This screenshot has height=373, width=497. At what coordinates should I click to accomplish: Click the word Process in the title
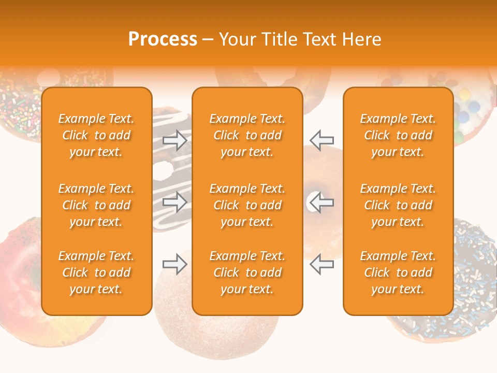(x=163, y=39)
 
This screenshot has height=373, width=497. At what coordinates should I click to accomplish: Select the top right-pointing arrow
(x=175, y=140)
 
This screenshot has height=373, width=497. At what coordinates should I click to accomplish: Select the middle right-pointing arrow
(x=175, y=202)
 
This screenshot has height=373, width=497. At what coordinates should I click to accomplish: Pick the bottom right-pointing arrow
(x=175, y=265)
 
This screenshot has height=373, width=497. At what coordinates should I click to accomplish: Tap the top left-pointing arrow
(x=322, y=140)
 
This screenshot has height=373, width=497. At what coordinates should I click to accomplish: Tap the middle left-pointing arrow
(x=322, y=202)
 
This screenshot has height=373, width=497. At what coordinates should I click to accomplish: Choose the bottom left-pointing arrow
(x=322, y=265)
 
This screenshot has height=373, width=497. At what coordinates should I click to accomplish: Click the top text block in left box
(x=96, y=135)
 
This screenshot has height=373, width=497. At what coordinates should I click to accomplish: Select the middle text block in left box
(x=96, y=205)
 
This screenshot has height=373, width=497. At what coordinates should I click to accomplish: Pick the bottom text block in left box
(x=96, y=272)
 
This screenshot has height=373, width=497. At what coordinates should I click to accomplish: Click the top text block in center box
(x=247, y=135)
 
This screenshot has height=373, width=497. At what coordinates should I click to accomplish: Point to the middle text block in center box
(x=247, y=205)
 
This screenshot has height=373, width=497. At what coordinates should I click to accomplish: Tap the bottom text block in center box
(x=247, y=272)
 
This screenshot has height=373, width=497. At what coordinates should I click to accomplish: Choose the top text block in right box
(x=398, y=135)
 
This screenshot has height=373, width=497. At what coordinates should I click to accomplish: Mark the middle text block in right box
(x=398, y=205)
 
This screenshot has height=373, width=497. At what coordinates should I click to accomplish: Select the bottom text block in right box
(x=398, y=272)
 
